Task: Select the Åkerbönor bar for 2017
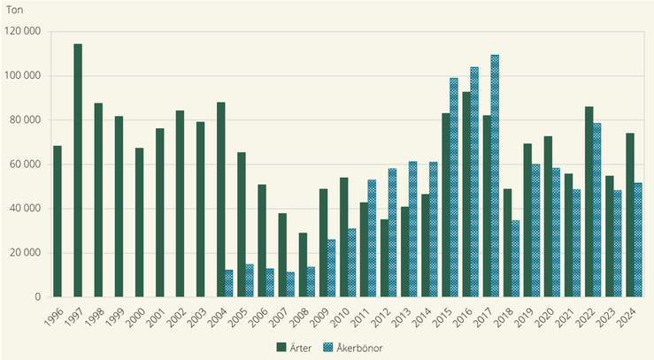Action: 495,176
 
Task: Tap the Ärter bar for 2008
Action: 303,264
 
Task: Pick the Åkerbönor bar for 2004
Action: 228,283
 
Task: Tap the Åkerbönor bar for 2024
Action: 638,240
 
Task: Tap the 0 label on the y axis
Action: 39,297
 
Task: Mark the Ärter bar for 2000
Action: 139,222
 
